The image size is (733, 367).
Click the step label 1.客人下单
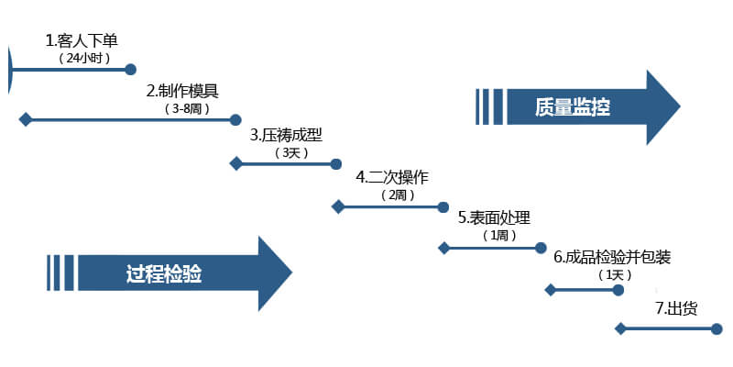coord(82,40)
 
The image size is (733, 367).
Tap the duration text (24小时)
coord(83,58)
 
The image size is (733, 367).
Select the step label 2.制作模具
coord(182,91)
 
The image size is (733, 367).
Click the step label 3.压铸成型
coord(287,135)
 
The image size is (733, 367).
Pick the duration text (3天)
coord(289,152)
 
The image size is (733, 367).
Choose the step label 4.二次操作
coord(392,176)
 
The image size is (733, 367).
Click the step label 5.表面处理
coord(495,217)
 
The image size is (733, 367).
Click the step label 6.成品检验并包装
coord(612,258)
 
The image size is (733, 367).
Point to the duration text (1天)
coord(610,275)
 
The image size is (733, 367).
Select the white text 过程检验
coord(164,273)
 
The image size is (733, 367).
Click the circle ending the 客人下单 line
coord(130,69)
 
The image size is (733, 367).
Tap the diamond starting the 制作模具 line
coord(26,119)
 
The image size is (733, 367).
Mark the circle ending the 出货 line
coord(718,328)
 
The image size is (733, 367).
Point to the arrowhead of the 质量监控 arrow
coord(663,107)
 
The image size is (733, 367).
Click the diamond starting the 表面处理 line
coord(444,248)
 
